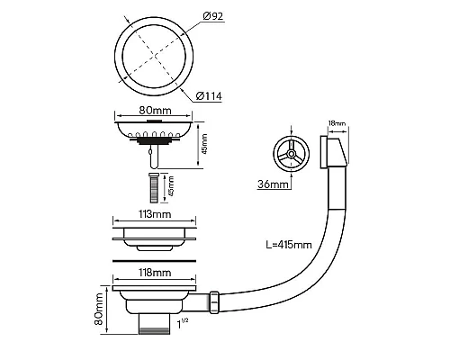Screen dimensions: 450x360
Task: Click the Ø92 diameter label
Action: pyautogui.click(x=213, y=16)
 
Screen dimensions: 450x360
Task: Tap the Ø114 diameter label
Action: pyautogui.click(x=209, y=96)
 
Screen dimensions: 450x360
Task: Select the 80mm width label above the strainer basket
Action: pyautogui.click(x=155, y=111)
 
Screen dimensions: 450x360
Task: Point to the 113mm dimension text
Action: pyautogui.click(x=155, y=214)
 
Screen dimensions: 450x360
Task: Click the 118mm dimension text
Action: pyautogui.click(x=155, y=273)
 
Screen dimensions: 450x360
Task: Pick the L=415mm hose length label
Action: pyautogui.click(x=289, y=245)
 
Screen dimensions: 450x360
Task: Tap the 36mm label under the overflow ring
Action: pyautogui.click(x=273, y=184)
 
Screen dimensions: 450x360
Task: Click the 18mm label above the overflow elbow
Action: pyautogui.click(x=337, y=123)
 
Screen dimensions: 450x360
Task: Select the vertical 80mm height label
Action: pyautogui.click(x=99, y=309)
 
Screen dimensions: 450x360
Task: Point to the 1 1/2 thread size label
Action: pyautogui.click(x=183, y=323)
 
